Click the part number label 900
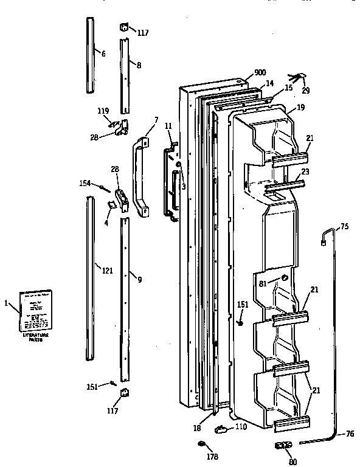tap(260, 72)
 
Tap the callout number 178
tap(211, 456)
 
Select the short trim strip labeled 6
tap(91, 55)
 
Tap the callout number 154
tap(85, 182)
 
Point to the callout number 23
tap(305, 172)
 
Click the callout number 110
tap(241, 427)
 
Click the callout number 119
tap(103, 111)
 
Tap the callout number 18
tap(197, 428)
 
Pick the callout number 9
tap(139, 280)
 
